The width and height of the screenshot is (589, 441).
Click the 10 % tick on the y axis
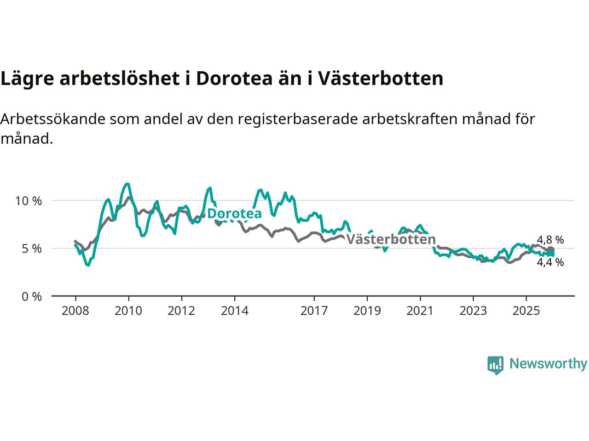pos(29,201)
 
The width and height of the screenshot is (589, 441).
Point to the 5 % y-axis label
pos(31,249)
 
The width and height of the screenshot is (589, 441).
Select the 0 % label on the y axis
pos(31,296)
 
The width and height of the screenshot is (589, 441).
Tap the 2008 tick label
pos(75,311)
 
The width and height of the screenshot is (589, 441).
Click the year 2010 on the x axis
pos(128,311)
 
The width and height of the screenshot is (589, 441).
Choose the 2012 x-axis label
pos(181,311)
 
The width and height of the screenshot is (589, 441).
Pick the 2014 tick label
pos(234,311)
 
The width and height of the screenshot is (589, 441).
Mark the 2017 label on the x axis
pos(314,311)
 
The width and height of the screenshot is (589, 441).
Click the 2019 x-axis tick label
pos(367,311)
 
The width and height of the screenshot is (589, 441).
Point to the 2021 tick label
pos(420,311)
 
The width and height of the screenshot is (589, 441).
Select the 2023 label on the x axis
pos(473,311)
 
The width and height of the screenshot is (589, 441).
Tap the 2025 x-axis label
pos(526,311)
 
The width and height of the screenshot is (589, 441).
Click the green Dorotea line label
pos(234,214)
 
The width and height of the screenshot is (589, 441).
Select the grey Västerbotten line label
pos(391,239)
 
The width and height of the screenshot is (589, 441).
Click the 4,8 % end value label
pos(550,240)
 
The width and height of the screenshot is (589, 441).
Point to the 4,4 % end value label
pos(550,262)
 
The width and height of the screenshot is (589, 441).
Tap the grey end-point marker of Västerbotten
pos(550,250)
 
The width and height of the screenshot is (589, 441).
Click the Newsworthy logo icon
pos(496,365)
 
